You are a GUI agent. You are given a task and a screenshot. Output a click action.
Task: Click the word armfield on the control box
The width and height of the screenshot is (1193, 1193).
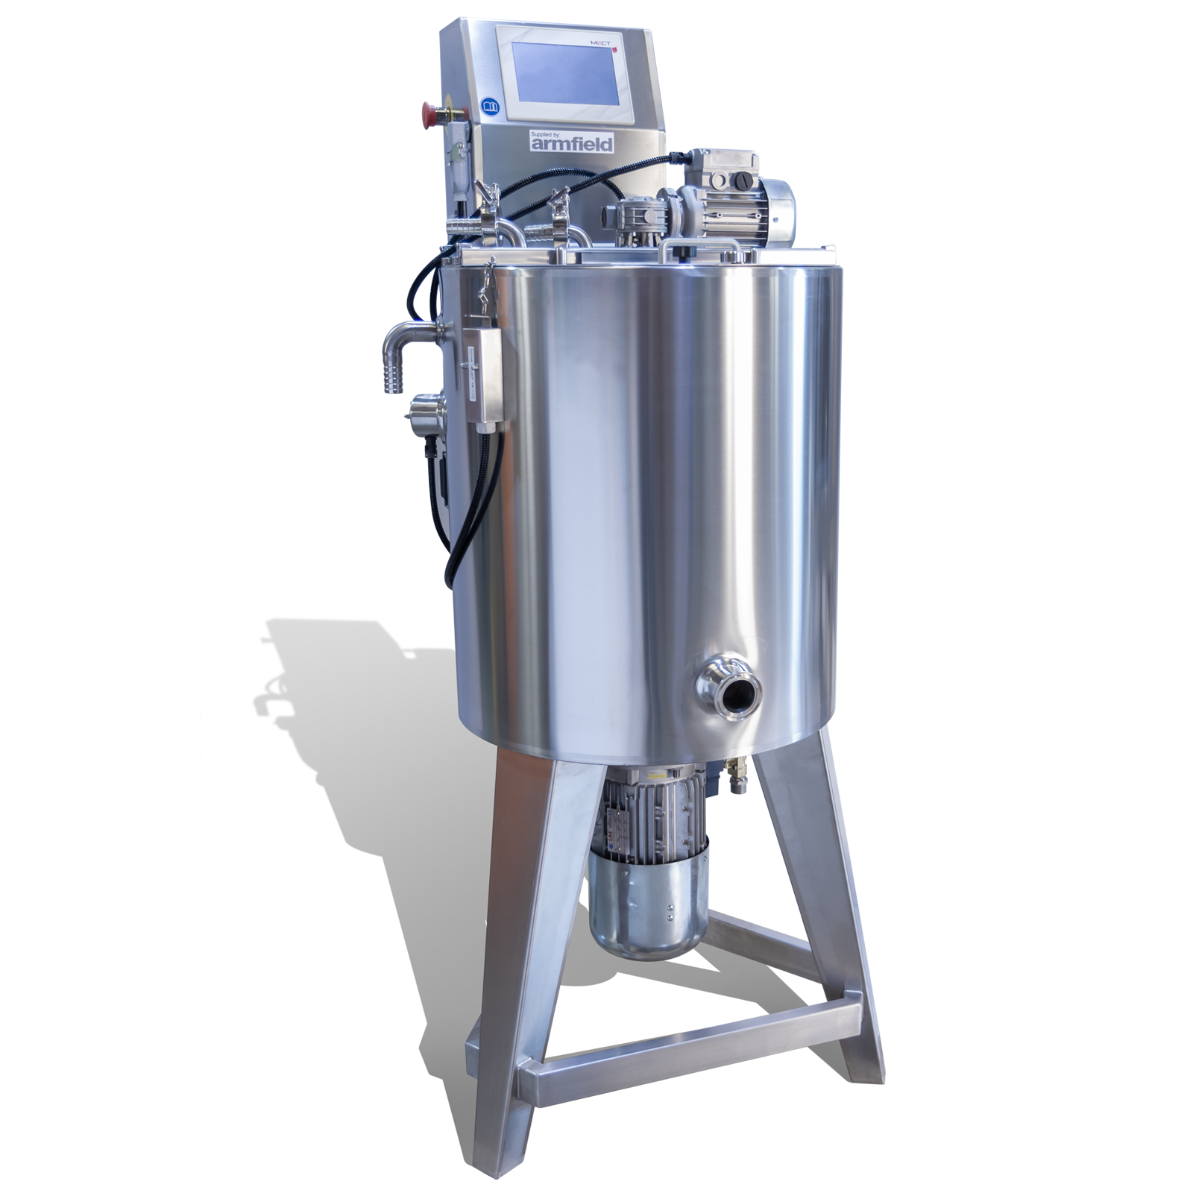coord(570,144)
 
